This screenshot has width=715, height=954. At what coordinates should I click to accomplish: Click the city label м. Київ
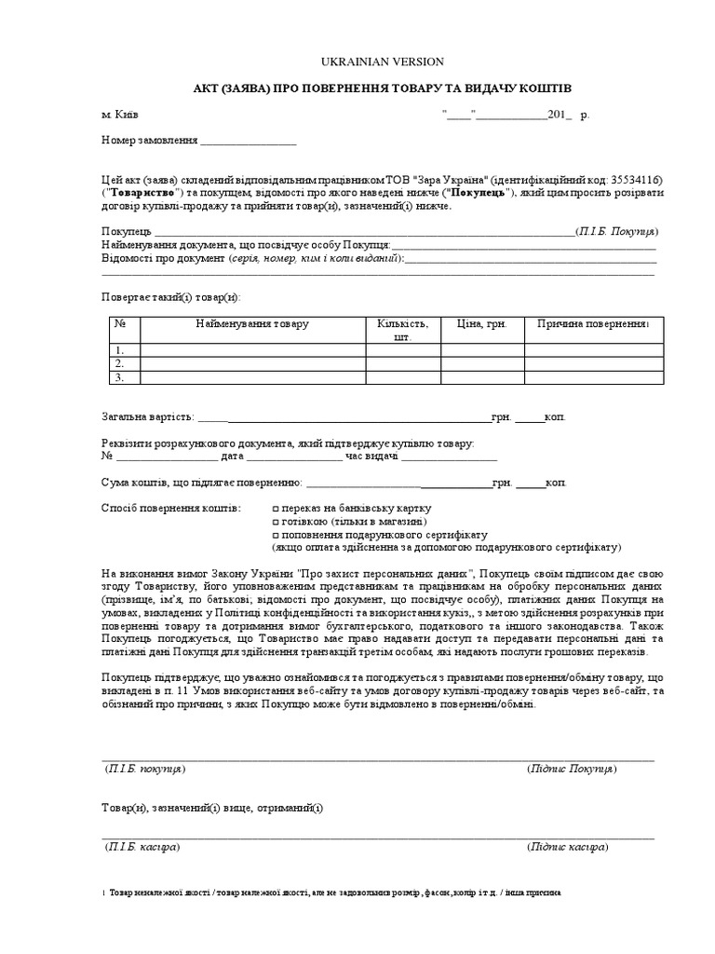[x=120, y=115]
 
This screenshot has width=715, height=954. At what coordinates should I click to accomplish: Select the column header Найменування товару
[x=252, y=323]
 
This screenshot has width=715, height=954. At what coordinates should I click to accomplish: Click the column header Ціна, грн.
[x=481, y=323]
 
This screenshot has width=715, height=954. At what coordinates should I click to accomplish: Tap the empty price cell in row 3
[x=481, y=378]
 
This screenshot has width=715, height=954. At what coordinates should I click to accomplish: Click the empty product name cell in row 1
[x=252, y=350]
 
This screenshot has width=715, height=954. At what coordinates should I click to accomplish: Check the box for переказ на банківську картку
[x=276, y=510]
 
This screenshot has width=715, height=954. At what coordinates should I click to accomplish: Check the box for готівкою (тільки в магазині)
[x=276, y=523]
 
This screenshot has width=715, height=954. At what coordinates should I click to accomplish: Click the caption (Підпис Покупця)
[x=572, y=769]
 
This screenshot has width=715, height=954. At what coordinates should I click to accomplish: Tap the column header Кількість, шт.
[x=403, y=330]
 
